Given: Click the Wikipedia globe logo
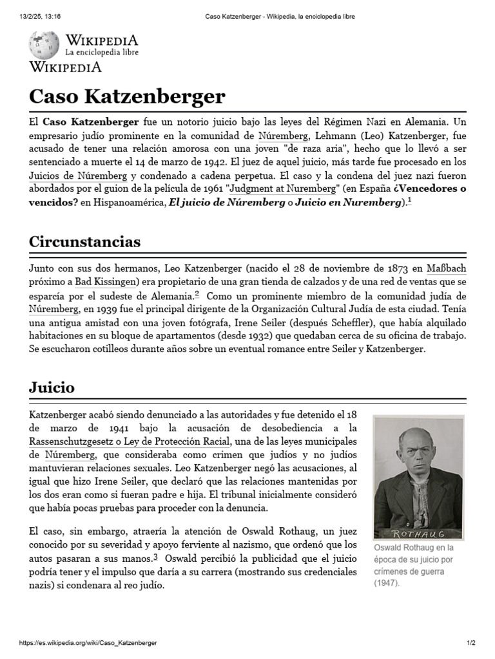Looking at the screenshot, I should [44, 44].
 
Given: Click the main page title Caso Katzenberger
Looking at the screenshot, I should [127, 97].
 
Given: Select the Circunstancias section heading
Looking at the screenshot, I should [84, 242].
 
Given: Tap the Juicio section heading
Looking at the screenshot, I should [52, 387].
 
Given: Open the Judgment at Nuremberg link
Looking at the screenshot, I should [284, 189].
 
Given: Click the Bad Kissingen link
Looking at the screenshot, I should [107, 282].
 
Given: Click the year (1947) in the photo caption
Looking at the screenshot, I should [387, 583].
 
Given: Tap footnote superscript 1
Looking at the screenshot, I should [409, 200].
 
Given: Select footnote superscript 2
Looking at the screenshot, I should [197, 294].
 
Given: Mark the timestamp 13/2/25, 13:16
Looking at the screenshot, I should [40, 15].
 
